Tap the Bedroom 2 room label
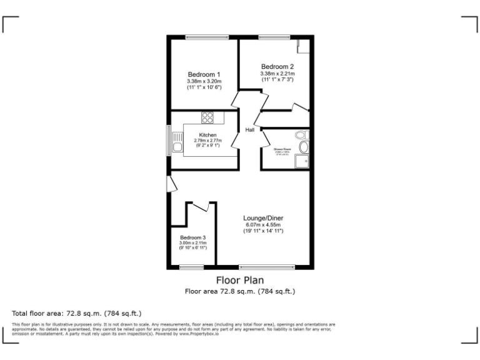pos(277,67)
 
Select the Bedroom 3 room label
pos(193,237)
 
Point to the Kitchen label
pos(208,135)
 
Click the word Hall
pos(249,130)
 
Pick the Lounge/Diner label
pos(263,218)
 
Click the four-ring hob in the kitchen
pos(208,117)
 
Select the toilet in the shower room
pos(302,135)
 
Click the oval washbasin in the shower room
pos(304,147)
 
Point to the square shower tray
pos(303,162)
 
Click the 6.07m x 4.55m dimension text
pos(263,225)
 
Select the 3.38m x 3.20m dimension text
pos(204,81)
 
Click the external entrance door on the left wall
pos(169,184)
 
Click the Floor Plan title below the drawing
pos(240,280)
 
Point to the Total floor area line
pos(77,312)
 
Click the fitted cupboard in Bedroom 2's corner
pos(303,48)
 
